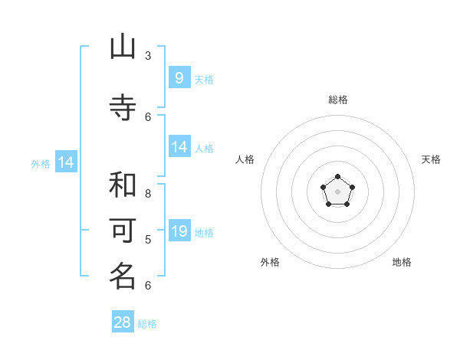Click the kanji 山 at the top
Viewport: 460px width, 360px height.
coord(123,48)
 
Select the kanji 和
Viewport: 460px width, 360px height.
coord(123,185)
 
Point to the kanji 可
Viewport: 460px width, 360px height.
coord(123,230)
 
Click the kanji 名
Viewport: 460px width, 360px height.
coord(123,275)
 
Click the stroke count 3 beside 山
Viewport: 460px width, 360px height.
coord(148,55)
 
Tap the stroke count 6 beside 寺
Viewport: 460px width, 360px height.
coord(148,116)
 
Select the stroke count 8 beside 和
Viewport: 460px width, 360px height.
coord(148,193)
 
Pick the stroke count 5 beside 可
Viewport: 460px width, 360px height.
coord(148,239)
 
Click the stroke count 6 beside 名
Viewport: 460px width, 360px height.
coord(148,285)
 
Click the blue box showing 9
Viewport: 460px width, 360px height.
coord(179,77)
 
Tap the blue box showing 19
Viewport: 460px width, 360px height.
coord(179,231)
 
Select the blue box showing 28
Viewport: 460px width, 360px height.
coord(123,322)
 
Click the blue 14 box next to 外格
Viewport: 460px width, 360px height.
coord(66,162)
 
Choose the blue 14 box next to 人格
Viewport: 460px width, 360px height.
coord(179,147)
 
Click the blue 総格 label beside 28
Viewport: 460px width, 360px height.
coord(147,324)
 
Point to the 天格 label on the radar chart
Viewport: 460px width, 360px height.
coord(431,159)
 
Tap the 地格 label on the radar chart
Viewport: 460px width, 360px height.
coord(402,262)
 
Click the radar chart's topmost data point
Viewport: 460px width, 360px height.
coord(337,177)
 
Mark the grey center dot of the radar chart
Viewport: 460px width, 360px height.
coord(337,191)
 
